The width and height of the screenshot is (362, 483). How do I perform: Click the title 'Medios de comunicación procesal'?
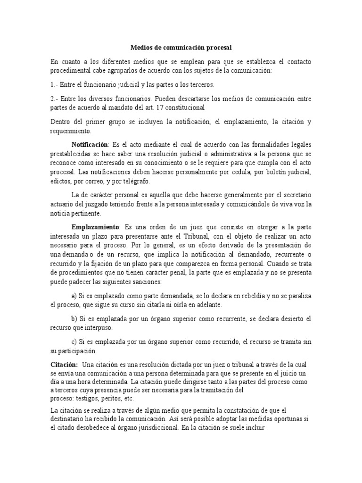181,48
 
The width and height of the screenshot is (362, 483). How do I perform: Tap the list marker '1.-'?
55,84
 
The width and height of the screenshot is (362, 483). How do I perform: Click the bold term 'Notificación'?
90,144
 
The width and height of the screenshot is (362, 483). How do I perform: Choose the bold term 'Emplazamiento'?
96,226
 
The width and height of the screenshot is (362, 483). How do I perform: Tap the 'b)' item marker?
74,319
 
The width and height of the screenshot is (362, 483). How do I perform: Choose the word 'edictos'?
61,181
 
